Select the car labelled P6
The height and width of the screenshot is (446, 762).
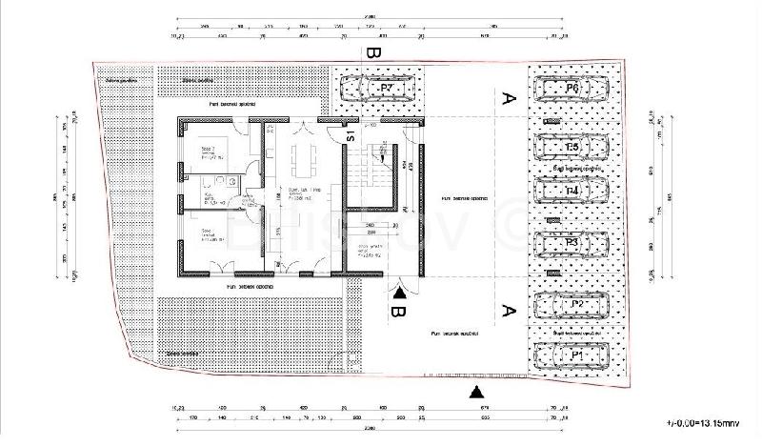571,91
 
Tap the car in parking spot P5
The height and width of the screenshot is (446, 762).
571,149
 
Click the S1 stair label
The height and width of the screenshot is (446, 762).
350,135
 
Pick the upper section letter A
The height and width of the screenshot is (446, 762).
508,96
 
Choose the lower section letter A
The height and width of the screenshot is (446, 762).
508,309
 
